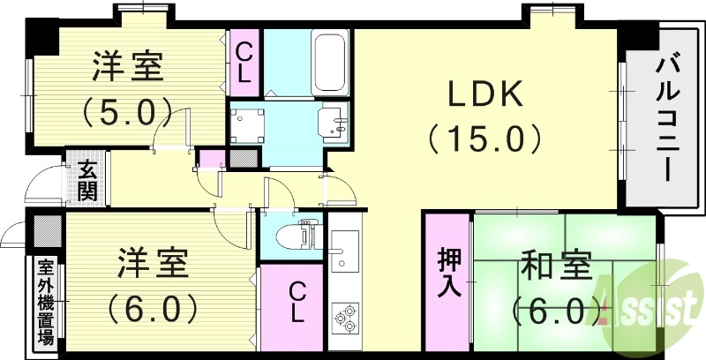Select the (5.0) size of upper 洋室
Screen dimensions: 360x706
pos(127,111)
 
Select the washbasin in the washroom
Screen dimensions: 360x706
pos(335,122)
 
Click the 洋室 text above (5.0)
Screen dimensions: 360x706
pos(129,67)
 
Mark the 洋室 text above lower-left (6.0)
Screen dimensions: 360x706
pos(152,263)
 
